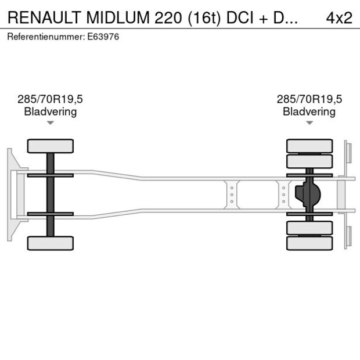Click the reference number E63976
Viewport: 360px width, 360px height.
click(104, 37)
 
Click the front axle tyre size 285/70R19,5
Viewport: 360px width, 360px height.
click(51, 99)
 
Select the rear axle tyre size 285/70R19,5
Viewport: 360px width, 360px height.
click(309, 99)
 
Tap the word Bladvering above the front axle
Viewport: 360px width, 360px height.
click(51, 111)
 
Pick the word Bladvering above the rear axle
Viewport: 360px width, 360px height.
click(309, 111)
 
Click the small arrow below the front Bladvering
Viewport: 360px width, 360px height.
click(51, 123)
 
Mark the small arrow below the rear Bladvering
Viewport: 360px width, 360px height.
click(309, 123)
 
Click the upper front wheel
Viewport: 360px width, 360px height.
click(51, 146)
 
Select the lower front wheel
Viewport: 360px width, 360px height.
click(51, 243)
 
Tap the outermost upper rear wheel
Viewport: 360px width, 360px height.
click(309, 146)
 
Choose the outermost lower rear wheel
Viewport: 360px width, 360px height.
click(309, 243)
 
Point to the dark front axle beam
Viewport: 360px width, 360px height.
click(51, 195)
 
